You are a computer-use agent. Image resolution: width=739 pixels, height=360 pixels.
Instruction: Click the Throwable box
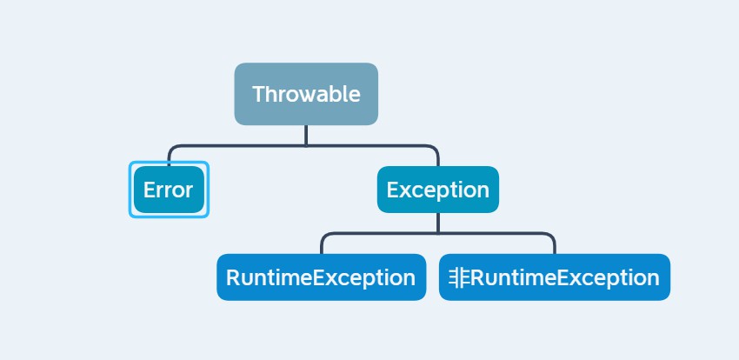306,94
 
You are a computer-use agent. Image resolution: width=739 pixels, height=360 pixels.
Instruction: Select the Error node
169,190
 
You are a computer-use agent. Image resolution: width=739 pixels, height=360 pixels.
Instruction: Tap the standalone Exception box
438,190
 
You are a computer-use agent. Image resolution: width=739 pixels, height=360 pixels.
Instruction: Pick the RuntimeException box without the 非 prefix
322,277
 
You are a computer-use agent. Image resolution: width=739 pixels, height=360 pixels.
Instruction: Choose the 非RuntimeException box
555,277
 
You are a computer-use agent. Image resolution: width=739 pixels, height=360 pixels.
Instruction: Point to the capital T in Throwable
259,94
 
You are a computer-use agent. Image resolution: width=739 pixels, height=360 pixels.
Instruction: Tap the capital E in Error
149,190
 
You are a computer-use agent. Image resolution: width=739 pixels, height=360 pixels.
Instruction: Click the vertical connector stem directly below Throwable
306,136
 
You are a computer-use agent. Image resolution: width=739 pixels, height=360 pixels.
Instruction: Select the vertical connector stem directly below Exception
438,223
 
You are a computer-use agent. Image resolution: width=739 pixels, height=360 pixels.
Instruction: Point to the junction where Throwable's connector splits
306,145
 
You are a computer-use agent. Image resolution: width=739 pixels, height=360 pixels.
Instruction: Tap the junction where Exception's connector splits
438,233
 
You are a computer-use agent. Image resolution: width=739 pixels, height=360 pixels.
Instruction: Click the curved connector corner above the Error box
171,149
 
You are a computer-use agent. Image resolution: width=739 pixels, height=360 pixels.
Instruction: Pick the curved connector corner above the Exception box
435,149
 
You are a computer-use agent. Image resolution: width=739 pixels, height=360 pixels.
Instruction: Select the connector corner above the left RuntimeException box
324,236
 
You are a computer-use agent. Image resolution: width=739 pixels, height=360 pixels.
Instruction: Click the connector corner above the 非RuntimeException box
552,236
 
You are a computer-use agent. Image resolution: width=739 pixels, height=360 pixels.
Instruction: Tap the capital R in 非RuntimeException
477,277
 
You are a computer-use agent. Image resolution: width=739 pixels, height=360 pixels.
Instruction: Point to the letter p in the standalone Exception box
440,192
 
